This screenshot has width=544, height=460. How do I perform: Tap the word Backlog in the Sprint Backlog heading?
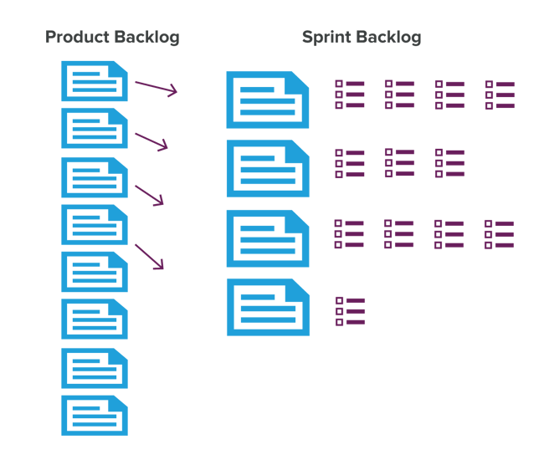coord(387,38)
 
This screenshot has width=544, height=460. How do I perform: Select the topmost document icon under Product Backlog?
coord(94,81)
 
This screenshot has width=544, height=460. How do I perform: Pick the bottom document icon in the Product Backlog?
coord(94,416)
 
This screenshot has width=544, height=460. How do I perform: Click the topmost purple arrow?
coord(156,87)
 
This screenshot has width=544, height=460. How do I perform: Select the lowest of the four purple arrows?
coord(149,257)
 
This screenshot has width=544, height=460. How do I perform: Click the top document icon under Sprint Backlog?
coord(267,100)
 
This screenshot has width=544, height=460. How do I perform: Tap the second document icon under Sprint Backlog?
coord(267,169)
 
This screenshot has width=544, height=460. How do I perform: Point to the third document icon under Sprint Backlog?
coord(267,238)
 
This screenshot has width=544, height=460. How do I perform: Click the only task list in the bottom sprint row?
coord(350,310)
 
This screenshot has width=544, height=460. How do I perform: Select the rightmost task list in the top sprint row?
coord(500,95)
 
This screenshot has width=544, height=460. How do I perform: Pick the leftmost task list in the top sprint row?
coord(350,95)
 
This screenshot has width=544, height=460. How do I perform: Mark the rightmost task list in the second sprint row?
coord(449,163)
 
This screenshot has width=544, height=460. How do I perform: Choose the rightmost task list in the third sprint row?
coord(500,234)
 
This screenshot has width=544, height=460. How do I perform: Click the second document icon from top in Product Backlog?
coord(94,128)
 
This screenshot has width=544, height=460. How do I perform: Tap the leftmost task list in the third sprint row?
coord(350,234)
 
